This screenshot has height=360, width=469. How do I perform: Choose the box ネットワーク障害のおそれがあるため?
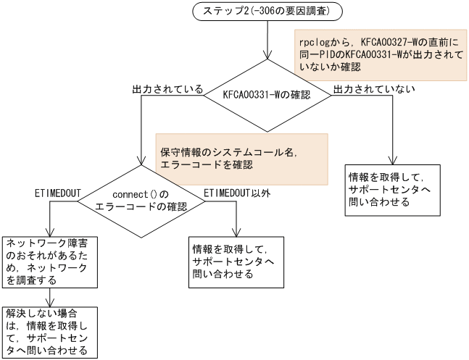click(x=49, y=259)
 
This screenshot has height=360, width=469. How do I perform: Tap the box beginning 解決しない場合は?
click(x=49, y=332)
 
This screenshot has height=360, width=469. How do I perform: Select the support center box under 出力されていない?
click(x=391, y=189)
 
